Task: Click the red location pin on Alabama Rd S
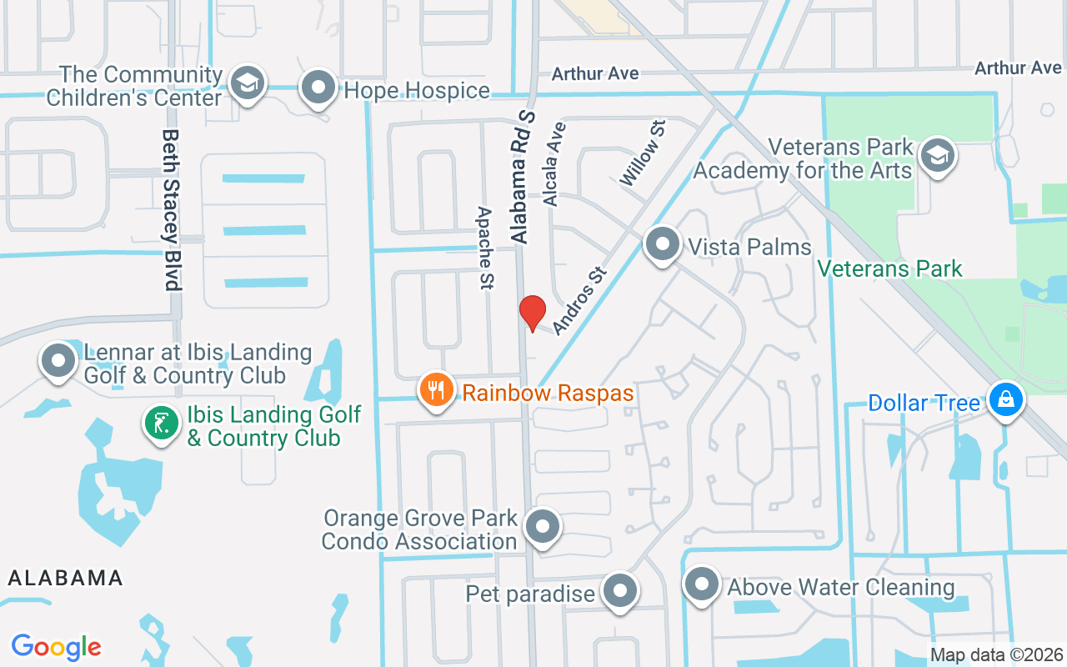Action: point(532,313)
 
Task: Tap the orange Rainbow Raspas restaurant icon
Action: point(436,389)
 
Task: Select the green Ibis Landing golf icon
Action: point(162,423)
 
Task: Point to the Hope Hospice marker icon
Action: point(318,88)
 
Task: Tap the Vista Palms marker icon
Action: point(663,245)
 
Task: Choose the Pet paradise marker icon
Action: point(619,591)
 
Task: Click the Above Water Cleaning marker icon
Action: point(702,584)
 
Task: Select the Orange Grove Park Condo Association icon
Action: point(544,527)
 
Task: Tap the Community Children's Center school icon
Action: point(247,83)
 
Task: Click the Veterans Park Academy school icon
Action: point(938,155)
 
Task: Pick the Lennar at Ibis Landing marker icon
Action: point(58,361)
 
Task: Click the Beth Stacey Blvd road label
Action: point(172,209)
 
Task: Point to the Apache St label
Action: point(485,248)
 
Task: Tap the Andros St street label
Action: point(578,300)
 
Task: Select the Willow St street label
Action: point(644,153)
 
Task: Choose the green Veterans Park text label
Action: point(889,268)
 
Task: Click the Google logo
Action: point(57,647)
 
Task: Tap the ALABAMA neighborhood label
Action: point(66,577)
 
